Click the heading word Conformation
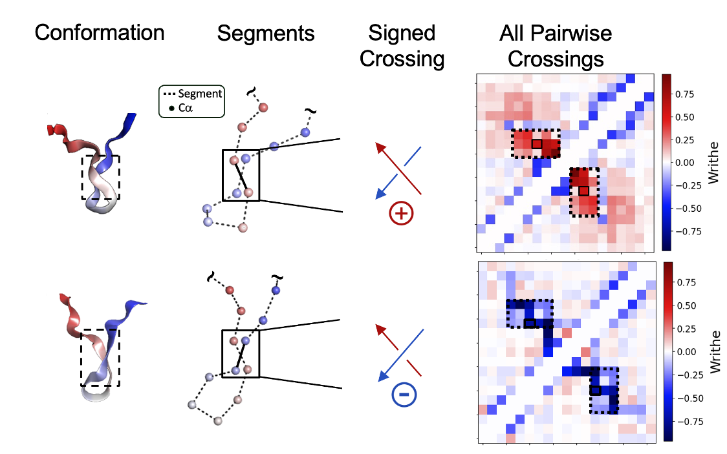99,33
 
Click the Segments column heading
266,33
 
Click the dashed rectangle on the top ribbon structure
100,177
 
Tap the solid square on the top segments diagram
241,175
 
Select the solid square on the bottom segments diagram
241,353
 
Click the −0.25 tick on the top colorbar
689,185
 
